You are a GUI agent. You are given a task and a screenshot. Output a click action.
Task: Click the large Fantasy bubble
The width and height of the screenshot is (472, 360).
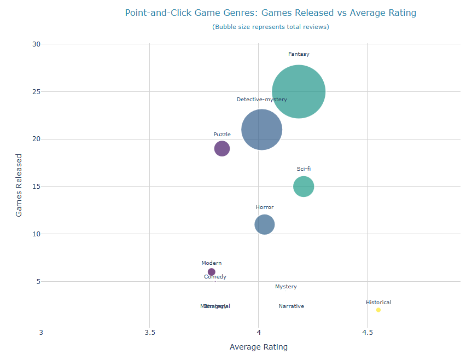point(299,91)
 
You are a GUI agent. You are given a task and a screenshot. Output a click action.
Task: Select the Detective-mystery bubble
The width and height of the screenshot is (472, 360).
point(261,130)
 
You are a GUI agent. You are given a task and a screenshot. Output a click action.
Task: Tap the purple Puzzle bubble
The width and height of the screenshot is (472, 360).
point(222,148)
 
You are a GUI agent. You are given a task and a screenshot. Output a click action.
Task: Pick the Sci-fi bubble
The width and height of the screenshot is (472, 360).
point(304,187)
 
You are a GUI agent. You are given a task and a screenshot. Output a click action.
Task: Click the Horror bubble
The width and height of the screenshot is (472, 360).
point(264,224)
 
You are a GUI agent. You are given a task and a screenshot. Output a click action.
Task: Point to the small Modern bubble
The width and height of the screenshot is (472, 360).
point(212,272)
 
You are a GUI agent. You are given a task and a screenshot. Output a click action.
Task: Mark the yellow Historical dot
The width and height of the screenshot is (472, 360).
point(378,310)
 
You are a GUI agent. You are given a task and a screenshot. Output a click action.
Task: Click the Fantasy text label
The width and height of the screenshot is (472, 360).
point(299,54)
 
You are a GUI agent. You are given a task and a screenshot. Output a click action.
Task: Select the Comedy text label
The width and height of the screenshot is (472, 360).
point(215,277)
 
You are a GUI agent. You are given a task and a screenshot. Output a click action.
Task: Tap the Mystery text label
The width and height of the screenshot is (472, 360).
point(286,287)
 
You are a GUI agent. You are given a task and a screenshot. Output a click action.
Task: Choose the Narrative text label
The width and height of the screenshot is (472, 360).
point(291,306)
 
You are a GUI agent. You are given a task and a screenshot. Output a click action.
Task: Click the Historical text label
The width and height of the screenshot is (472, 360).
point(378,302)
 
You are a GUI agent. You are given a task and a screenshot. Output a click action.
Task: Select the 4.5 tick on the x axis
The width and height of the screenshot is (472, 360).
point(368,332)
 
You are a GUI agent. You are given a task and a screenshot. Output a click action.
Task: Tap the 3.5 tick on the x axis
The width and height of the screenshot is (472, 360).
point(150,332)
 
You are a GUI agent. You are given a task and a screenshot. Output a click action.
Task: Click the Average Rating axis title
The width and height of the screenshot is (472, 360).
point(259,347)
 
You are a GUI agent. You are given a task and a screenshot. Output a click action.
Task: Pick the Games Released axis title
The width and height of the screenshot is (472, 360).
point(19,185)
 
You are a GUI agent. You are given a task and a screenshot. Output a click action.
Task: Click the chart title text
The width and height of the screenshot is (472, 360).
point(270,13)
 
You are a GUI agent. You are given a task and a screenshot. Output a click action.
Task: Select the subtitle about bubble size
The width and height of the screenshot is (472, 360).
point(270,27)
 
